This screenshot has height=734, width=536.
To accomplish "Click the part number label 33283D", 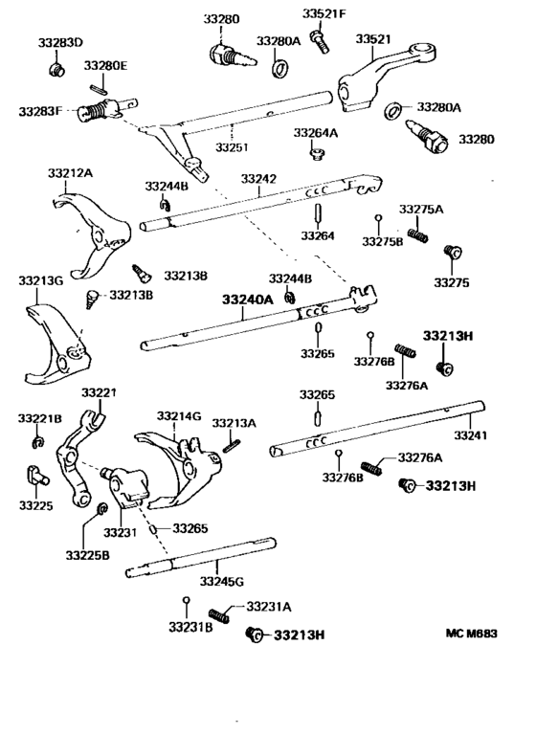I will click(x=60, y=44).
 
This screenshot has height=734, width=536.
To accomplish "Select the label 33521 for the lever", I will click(x=373, y=39).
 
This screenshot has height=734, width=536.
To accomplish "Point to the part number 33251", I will click(x=233, y=147).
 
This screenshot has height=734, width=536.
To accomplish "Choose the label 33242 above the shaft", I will click(x=258, y=179).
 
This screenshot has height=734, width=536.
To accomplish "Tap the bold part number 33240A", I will click(x=248, y=300).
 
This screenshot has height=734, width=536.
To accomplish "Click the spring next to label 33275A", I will click(x=417, y=235).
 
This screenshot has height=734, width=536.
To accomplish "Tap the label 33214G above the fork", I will click(x=180, y=416).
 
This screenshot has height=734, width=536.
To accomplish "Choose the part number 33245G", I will click(x=221, y=581).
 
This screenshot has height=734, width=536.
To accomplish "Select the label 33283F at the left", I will click(x=39, y=112).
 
